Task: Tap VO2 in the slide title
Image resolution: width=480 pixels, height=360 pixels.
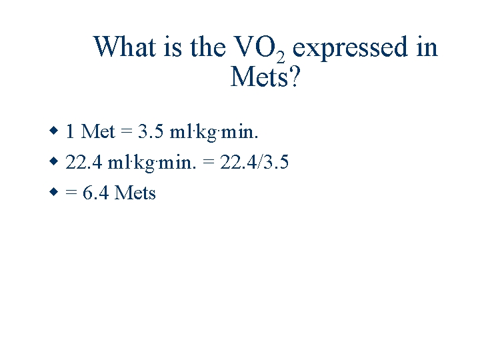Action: (259, 49)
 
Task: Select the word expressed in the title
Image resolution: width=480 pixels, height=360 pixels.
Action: (344, 49)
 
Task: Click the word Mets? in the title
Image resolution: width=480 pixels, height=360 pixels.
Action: (265, 77)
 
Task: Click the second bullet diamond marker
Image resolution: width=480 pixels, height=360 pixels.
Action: (55, 161)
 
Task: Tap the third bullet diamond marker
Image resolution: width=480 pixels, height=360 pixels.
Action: (55, 192)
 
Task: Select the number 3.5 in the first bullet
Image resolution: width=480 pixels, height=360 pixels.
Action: (151, 131)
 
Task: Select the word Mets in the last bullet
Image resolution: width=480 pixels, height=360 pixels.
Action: (135, 193)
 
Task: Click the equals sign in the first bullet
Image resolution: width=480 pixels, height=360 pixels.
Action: (127, 132)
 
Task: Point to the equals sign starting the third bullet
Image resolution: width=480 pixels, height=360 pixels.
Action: (71, 194)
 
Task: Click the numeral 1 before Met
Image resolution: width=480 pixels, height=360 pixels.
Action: (70, 131)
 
